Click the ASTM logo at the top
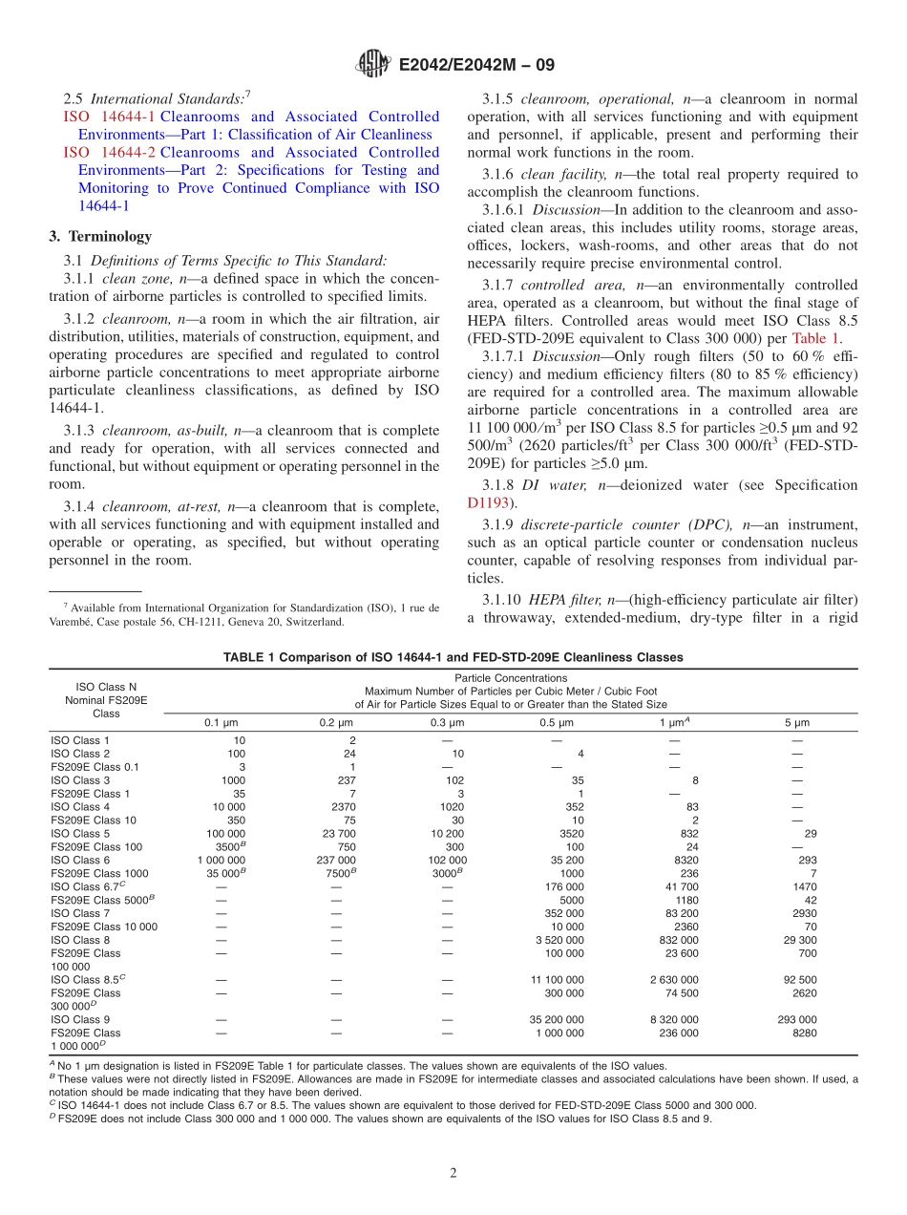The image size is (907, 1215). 372,65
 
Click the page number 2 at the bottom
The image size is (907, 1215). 453,1173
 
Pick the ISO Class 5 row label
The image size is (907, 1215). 79,834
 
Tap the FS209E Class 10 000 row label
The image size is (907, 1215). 103,927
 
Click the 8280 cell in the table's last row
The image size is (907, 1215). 804,1033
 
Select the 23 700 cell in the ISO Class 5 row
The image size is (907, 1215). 338,834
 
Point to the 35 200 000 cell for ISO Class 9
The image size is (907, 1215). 557,1019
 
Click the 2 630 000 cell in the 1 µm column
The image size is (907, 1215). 674,980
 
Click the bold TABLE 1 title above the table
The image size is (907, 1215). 453,657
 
